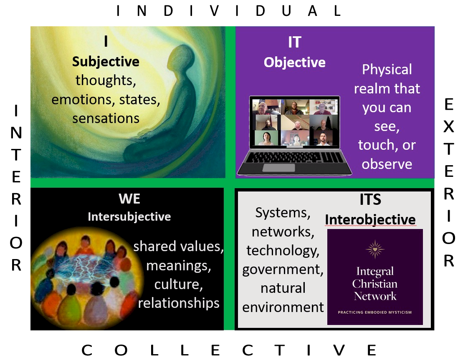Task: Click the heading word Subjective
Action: (x=106, y=62)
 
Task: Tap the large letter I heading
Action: (x=106, y=42)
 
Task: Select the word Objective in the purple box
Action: (x=294, y=63)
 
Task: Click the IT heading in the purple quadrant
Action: (x=294, y=42)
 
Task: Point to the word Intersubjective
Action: (x=129, y=217)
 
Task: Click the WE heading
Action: (x=129, y=199)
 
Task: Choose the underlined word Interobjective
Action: (x=370, y=219)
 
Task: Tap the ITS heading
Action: (x=370, y=200)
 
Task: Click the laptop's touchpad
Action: (x=278, y=168)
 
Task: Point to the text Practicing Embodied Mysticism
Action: (x=375, y=312)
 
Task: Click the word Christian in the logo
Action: (x=375, y=284)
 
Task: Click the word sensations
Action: (x=106, y=118)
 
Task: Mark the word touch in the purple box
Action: (x=375, y=145)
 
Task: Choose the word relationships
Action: (x=179, y=303)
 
